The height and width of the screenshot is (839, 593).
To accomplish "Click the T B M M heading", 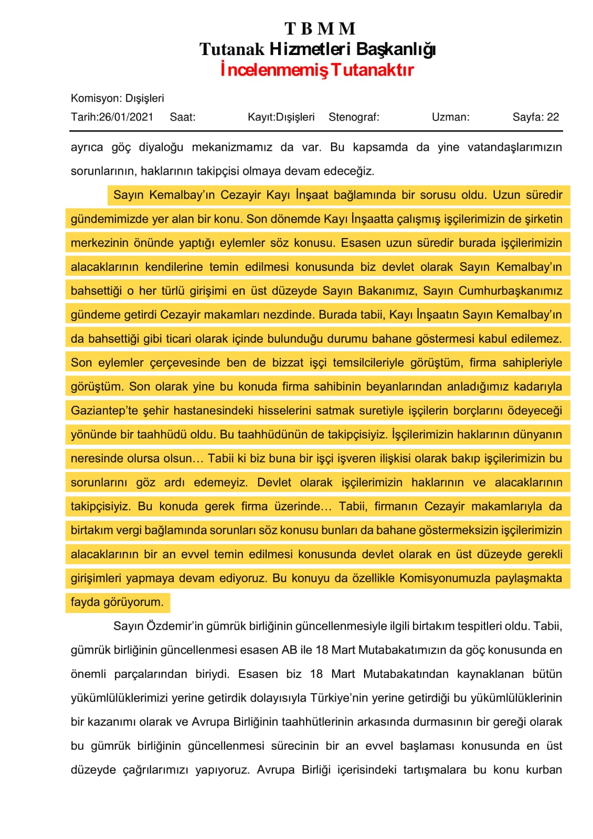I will tap(320, 28).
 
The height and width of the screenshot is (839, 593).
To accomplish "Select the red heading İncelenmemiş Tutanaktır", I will tap(317, 70).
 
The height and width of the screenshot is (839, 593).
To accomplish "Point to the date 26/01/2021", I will tap(126, 117).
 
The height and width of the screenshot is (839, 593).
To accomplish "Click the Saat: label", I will tap(183, 117).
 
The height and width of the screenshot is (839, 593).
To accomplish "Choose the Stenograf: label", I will tap(354, 117).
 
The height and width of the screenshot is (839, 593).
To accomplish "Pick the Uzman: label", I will tap(450, 117).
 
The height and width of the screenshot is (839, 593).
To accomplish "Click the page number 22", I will tap(553, 117).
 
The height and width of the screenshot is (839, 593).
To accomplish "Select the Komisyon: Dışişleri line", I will tap(118, 98).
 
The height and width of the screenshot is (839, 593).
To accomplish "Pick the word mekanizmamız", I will tap(232, 147).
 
